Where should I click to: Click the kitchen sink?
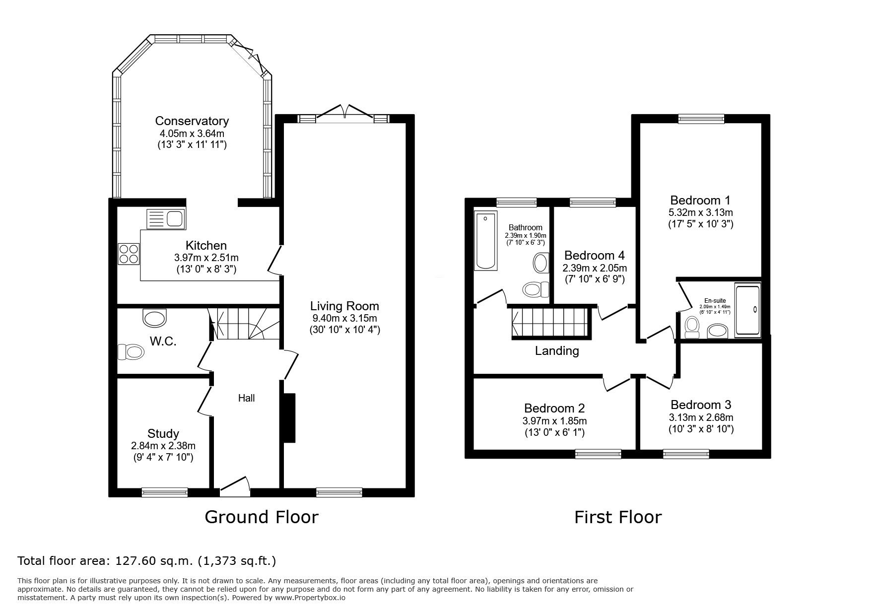[x=165, y=218]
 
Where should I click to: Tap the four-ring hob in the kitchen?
[x=129, y=254]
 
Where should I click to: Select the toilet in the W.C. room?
[x=131, y=352]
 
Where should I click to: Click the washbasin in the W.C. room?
[x=155, y=317]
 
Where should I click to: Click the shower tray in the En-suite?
[x=747, y=310]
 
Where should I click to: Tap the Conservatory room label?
[x=192, y=121]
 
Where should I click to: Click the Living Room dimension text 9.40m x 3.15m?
[x=344, y=318]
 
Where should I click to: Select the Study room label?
[x=163, y=433]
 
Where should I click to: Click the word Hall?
[x=247, y=398]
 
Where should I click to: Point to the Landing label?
[x=557, y=351]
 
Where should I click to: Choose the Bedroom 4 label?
[x=595, y=255]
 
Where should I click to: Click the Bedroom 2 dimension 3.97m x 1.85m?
[x=554, y=421]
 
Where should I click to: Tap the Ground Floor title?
[x=262, y=517]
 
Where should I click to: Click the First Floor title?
[x=618, y=517]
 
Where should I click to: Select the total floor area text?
[x=147, y=561]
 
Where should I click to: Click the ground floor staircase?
[x=244, y=324]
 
